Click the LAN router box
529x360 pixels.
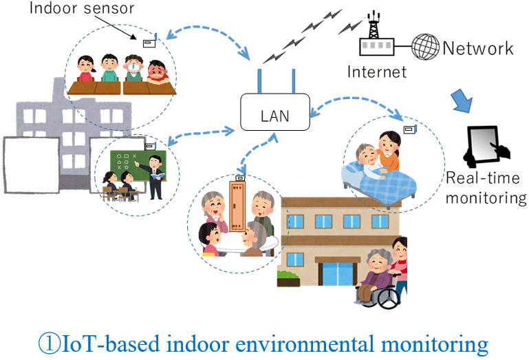point(274,112)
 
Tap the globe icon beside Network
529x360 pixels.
point(425,48)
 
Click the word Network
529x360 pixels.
point(478,48)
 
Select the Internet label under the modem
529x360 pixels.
point(377,72)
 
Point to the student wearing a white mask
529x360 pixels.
point(133,70)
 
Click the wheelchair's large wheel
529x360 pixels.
point(387,297)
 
